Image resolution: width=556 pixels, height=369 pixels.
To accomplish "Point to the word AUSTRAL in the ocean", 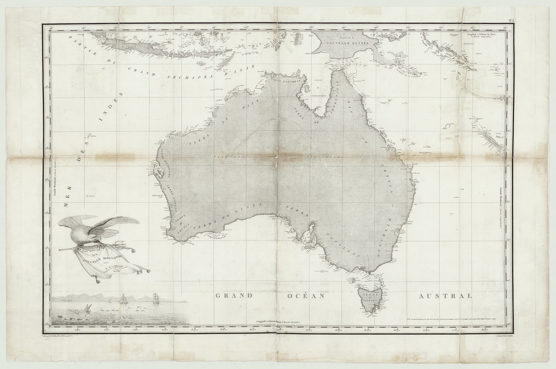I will (445, 296).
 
